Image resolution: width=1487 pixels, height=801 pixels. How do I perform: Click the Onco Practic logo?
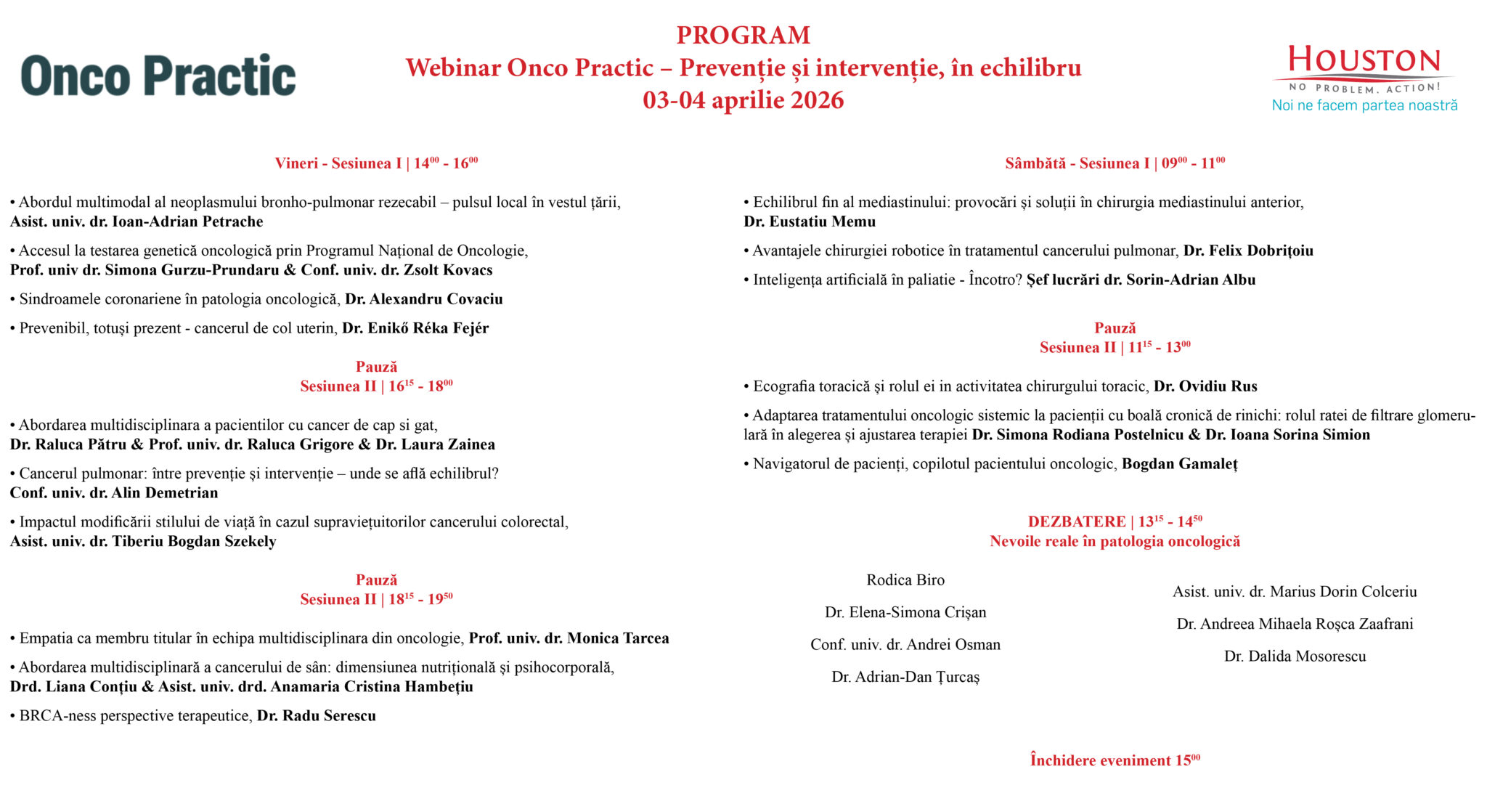tap(158, 75)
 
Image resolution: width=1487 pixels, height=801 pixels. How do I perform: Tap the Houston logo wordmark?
tap(1364, 61)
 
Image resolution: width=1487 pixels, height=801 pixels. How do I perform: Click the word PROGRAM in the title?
tap(743, 35)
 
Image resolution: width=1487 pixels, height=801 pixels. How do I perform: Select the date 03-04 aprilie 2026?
tap(743, 99)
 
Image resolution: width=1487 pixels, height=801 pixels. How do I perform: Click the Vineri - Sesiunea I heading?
tap(376, 163)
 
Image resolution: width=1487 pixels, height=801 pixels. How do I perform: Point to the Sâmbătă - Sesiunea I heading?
tap(1115, 163)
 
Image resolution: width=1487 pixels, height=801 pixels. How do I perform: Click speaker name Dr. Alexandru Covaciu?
tap(423, 299)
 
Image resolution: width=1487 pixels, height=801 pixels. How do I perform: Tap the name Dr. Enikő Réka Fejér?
tap(415, 328)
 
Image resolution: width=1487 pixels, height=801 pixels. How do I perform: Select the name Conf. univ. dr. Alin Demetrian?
tap(114, 493)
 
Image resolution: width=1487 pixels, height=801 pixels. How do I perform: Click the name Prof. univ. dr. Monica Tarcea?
tap(569, 638)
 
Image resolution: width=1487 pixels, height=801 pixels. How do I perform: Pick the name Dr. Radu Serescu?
tap(317, 716)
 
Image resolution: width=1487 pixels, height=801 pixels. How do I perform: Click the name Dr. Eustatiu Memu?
tap(810, 221)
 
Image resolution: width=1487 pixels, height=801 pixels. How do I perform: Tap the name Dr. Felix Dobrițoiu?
tap(1248, 251)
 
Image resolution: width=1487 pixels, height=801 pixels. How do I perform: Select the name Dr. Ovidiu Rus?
tap(1205, 386)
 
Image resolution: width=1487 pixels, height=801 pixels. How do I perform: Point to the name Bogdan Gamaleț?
tap(1179, 464)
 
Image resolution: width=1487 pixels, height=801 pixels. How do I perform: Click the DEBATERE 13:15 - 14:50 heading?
tap(1115, 521)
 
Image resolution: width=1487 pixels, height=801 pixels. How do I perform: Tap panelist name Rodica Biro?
tap(905, 580)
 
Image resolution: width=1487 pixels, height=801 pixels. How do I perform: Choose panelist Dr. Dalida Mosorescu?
tap(1295, 656)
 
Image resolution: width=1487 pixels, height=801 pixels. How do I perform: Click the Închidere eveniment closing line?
tap(1115, 760)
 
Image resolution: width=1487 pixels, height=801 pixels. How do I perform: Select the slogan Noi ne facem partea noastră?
tap(1364, 105)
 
